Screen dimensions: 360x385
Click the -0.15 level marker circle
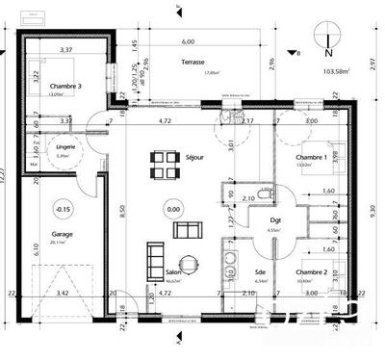[x=63, y=208]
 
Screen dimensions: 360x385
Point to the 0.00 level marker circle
[x=173, y=208]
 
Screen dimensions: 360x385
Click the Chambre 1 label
[x=311, y=156]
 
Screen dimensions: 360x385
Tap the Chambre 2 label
[x=311, y=272]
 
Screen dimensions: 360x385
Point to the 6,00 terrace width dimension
[x=187, y=42]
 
